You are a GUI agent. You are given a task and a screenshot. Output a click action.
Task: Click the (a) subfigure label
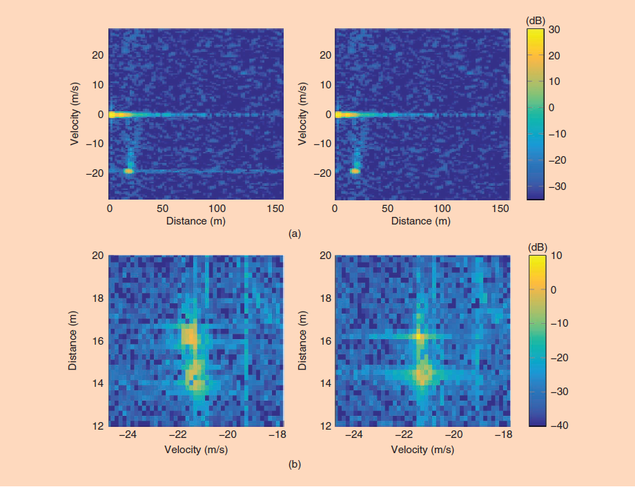tap(295, 234)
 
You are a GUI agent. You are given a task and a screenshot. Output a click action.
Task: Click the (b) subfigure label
tap(295, 465)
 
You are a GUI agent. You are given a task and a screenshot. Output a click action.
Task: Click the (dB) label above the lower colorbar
tap(536, 247)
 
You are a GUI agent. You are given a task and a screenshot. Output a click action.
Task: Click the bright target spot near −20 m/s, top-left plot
tap(128, 171)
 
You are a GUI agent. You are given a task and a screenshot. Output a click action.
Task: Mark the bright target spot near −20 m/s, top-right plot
tap(355, 171)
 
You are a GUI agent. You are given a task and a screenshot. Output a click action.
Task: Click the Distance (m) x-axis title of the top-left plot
tap(196, 221)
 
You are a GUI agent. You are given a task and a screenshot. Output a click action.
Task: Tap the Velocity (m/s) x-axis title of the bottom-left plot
tap(196, 448)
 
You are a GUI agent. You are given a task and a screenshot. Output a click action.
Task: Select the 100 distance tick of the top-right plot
tap(442, 208)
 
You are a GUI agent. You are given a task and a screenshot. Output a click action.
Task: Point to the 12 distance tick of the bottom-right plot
tap(323, 425)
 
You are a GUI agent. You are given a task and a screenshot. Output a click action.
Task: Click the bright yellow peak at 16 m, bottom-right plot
tap(419, 336)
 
